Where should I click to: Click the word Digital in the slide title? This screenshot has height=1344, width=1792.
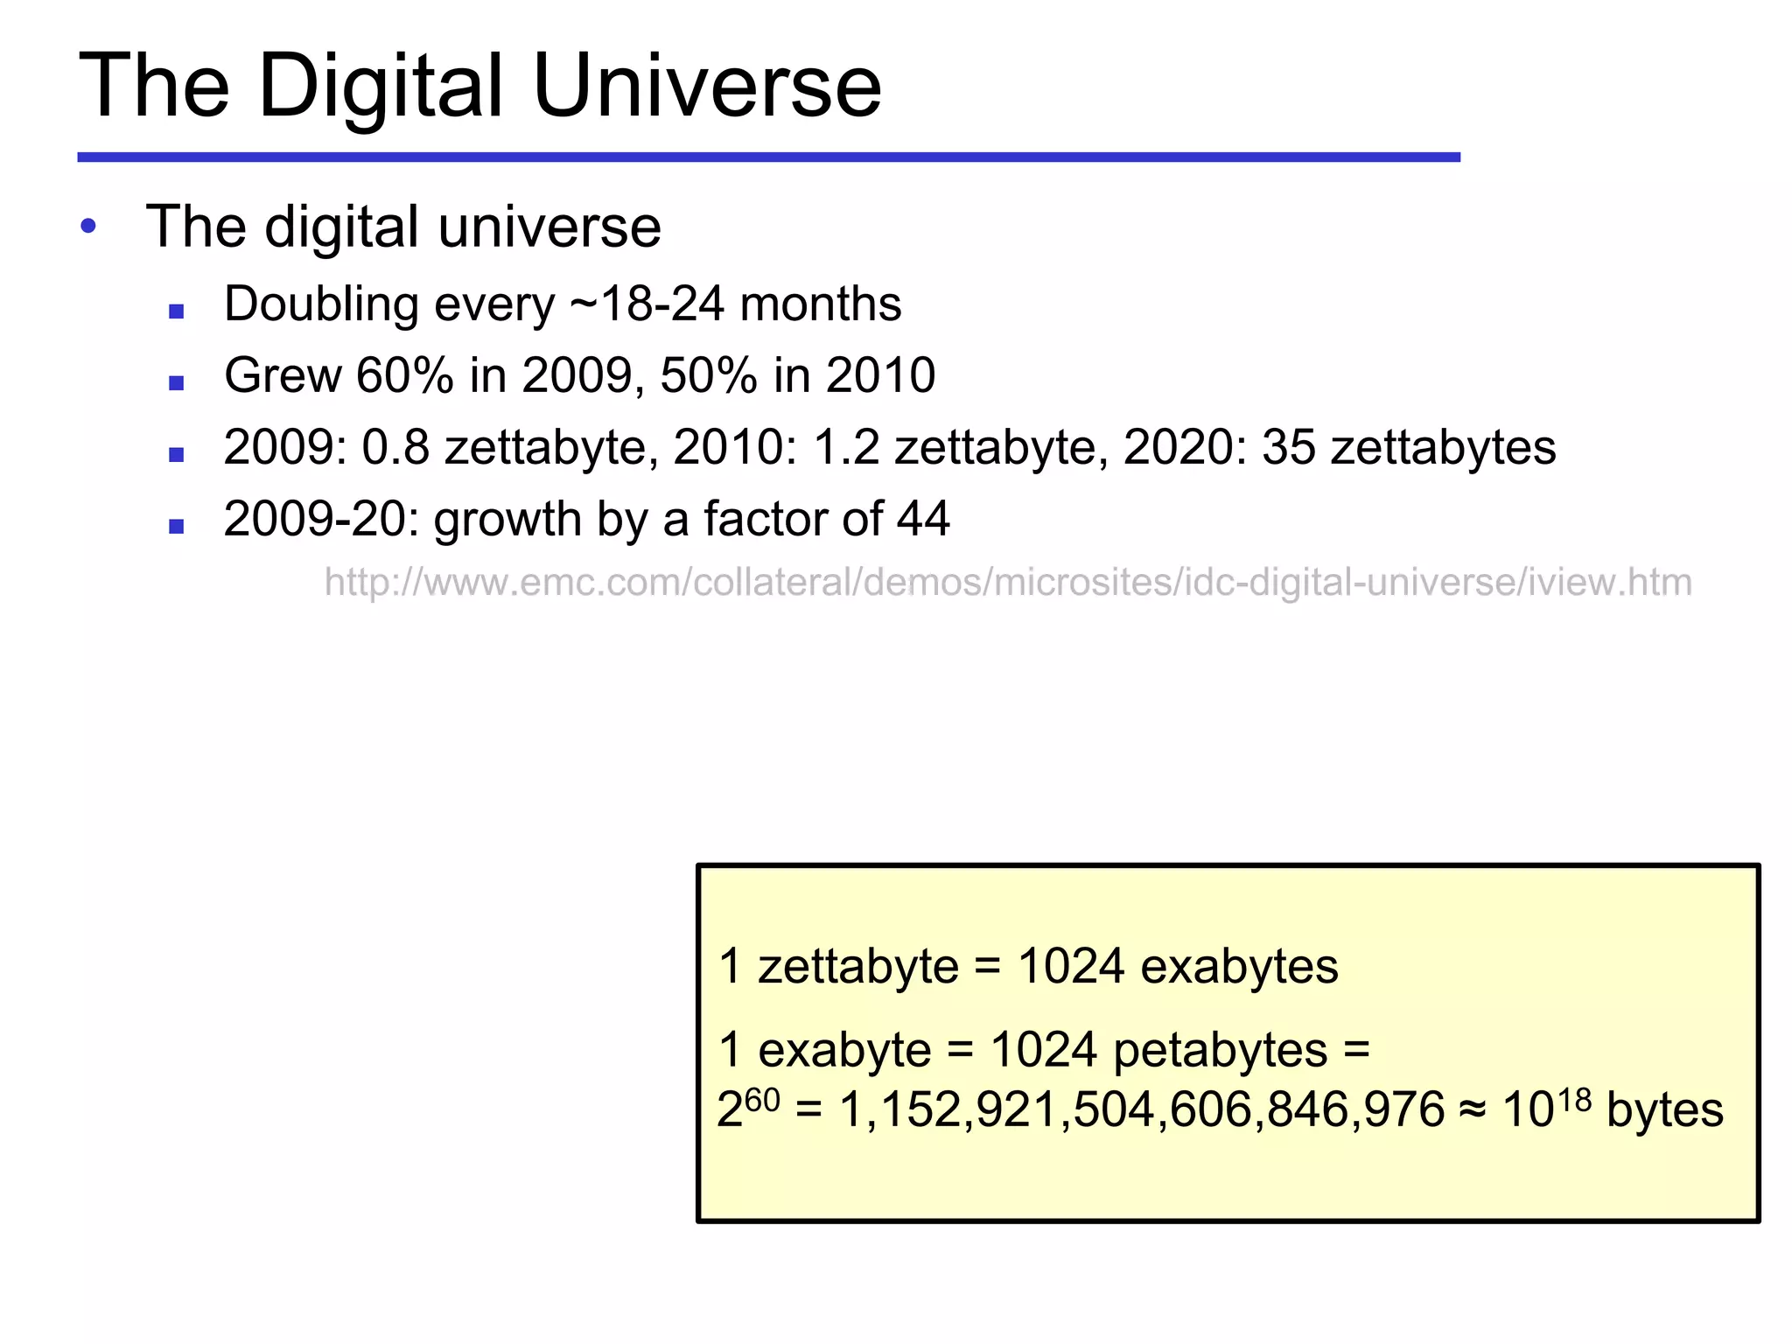[x=381, y=86]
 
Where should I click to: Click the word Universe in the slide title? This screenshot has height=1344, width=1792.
[x=707, y=86]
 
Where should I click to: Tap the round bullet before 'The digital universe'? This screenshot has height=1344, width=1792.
[x=88, y=227]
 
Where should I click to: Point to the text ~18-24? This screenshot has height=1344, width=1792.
[x=647, y=304]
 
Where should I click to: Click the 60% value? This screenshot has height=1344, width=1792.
[x=405, y=375]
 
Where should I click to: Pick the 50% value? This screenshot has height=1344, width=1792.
[x=709, y=375]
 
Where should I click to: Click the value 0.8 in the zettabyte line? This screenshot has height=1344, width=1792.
[x=396, y=447]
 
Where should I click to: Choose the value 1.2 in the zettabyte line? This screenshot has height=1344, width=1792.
[x=846, y=447]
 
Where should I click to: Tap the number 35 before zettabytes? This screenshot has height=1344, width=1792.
[x=1289, y=447]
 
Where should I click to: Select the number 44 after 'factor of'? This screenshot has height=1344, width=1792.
[x=923, y=519]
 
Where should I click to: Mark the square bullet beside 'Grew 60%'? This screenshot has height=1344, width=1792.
[x=177, y=382]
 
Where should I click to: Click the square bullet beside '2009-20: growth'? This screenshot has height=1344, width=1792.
[x=177, y=526]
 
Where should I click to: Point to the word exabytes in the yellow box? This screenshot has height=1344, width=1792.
[x=1239, y=967]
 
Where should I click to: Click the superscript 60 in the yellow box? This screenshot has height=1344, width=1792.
[x=762, y=1099]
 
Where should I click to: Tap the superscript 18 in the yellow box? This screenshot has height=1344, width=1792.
[x=1574, y=1099]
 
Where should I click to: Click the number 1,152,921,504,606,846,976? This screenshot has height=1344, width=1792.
[x=1142, y=1110]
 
